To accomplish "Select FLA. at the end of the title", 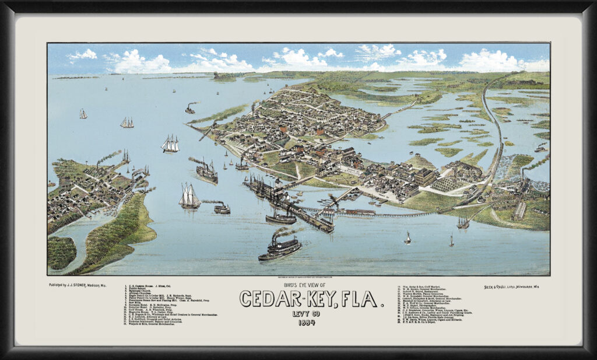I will click(x=361, y=298).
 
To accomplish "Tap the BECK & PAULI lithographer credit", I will click(x=497, y=287).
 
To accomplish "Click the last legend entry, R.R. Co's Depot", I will click(x=429, y=323).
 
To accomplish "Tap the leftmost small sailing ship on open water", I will click(x=83, y=114).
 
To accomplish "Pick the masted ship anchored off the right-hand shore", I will click(x=463, y=223).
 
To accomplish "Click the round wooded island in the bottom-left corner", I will click(x=61, y=252).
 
